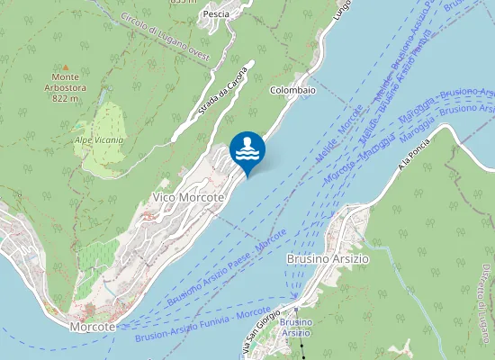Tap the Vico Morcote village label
[x=188, y=197]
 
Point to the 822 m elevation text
[x=65, y=99]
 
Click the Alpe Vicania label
[x=99, y=140]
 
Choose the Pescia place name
[x=216, y=14]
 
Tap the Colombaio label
[x=293, y=90]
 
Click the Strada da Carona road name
[x=222, y=93]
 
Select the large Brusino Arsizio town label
[x=328, y=258]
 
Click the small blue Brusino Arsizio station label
[x=295, y=328]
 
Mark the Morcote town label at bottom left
[x=93, y=327]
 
